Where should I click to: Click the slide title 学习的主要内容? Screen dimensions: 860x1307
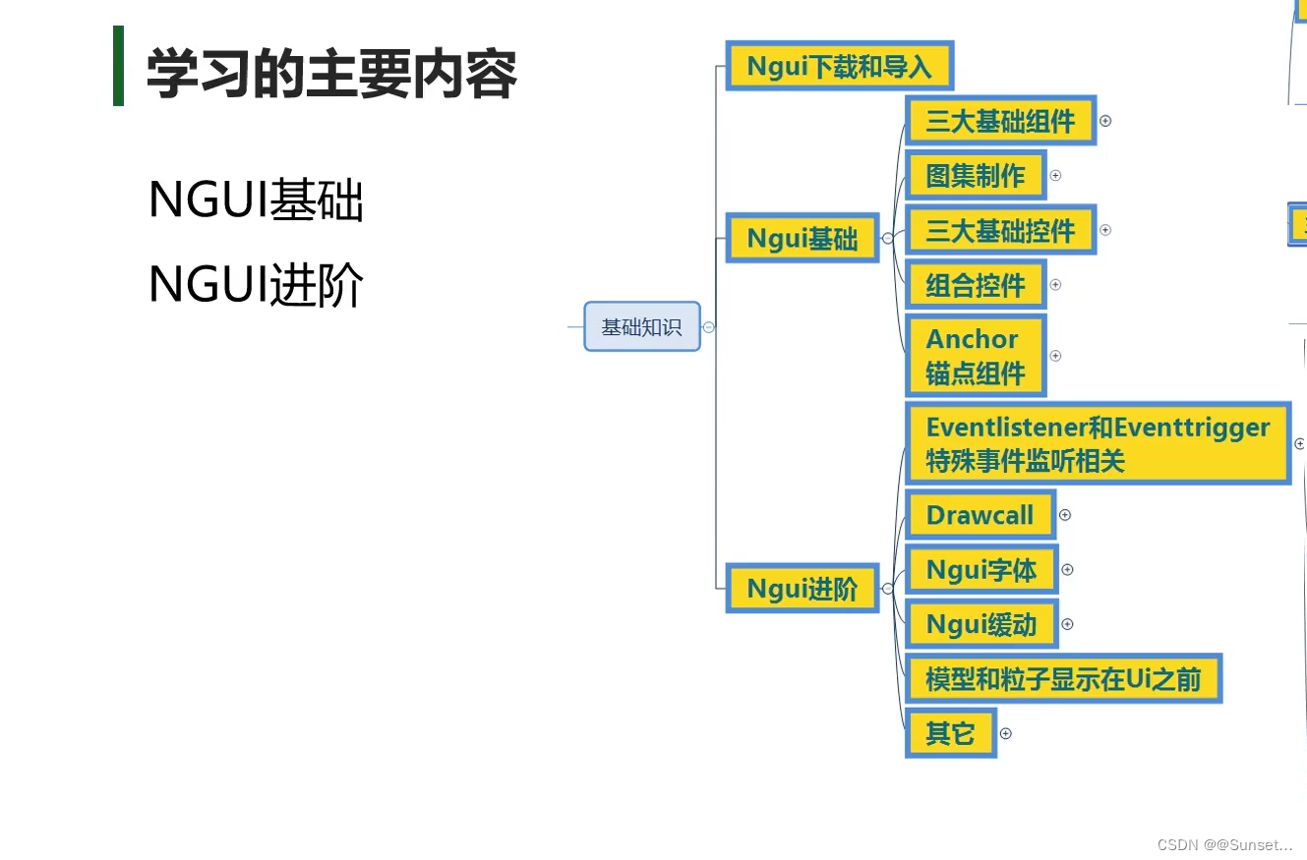coord(331,74)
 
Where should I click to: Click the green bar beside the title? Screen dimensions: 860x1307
coord(118,66)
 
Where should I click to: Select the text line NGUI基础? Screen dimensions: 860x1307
coord(256,200)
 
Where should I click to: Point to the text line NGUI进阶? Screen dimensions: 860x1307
coord(256,285)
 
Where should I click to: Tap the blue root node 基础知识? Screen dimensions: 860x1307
coord(641,326)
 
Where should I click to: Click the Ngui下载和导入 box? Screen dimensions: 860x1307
coord(839,66)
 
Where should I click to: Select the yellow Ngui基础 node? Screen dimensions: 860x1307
coord(802,238)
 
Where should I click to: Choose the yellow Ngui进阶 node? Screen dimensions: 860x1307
coord(802,588)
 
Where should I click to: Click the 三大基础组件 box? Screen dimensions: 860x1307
coord(999,121)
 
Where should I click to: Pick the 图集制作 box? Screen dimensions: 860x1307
coord(975,175)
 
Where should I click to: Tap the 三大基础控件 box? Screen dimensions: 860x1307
coord(999,230)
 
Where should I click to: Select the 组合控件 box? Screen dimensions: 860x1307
coord(975,285)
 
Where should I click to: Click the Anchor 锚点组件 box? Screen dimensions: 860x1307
coord(975,355)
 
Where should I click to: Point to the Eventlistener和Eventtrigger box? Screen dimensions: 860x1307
coord(1097,443)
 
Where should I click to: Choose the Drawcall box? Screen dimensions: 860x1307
coord(980,515)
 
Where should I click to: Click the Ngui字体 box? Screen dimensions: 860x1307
coord(980,569)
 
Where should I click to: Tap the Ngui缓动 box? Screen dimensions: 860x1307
coord(980,624)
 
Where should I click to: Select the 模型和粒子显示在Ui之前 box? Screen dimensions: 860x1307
coord(1062,678)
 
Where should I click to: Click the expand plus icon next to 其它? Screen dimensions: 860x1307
coord(1005,733)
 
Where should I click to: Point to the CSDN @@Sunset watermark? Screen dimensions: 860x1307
coord(1224,844)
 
